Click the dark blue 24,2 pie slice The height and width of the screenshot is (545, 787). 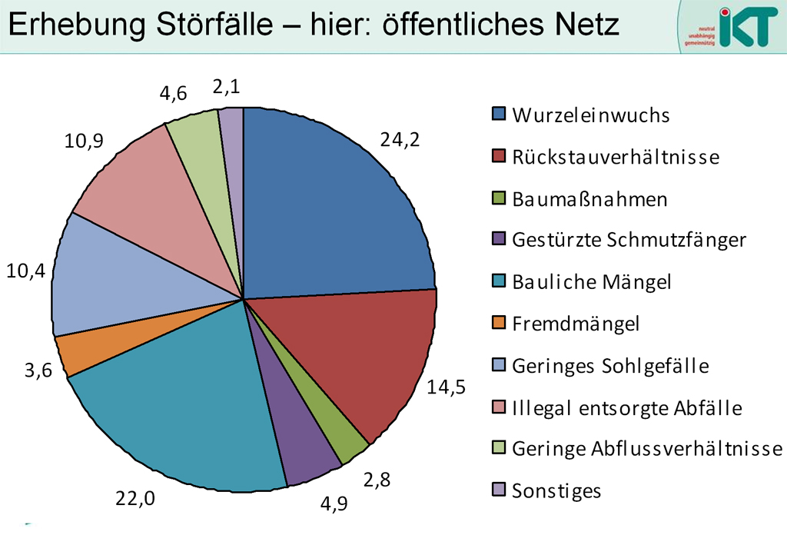tap(330, 208)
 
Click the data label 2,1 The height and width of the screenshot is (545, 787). tap(226, 88)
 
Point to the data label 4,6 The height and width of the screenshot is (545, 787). tap(174, 95)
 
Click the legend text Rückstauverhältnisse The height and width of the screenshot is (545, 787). tap(616, 158)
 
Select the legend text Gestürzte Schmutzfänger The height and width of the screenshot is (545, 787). tap(629, 241)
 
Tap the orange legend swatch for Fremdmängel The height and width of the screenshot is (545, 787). tap(499, 324)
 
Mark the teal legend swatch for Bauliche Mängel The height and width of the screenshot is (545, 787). tap(499, 282)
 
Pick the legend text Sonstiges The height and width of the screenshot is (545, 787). tap(556, 490)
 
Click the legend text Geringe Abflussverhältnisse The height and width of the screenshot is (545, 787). tap(646, 449)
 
